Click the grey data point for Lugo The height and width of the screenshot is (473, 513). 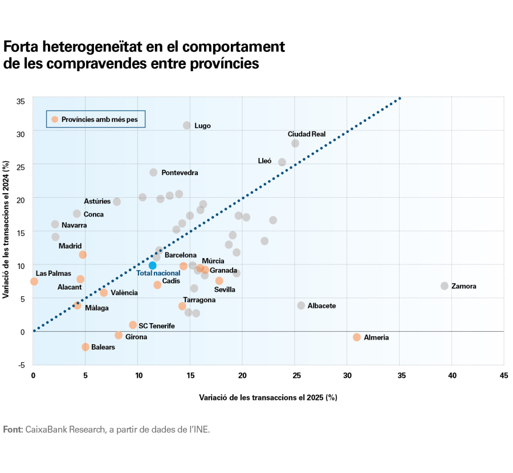[187, 125]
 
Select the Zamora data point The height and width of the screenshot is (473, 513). [445, 286]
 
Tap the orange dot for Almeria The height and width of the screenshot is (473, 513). [357, 337]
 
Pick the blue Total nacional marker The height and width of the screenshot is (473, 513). [152, 266]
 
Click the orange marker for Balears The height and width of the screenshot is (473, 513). [85, 346]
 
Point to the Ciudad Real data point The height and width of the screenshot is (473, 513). [295, 143]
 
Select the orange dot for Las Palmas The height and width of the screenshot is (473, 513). [34, 282]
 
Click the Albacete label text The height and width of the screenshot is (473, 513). [321, 306]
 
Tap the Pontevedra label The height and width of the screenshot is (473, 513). [180, 173]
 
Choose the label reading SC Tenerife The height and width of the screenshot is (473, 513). [157, 326]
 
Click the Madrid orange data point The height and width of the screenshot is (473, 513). [83, 255]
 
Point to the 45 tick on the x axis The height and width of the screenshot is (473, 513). [504, 376]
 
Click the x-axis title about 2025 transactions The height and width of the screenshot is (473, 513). [268, 397]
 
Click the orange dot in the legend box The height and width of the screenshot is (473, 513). [55, 119]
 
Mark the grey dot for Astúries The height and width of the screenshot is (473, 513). [117, 202]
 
